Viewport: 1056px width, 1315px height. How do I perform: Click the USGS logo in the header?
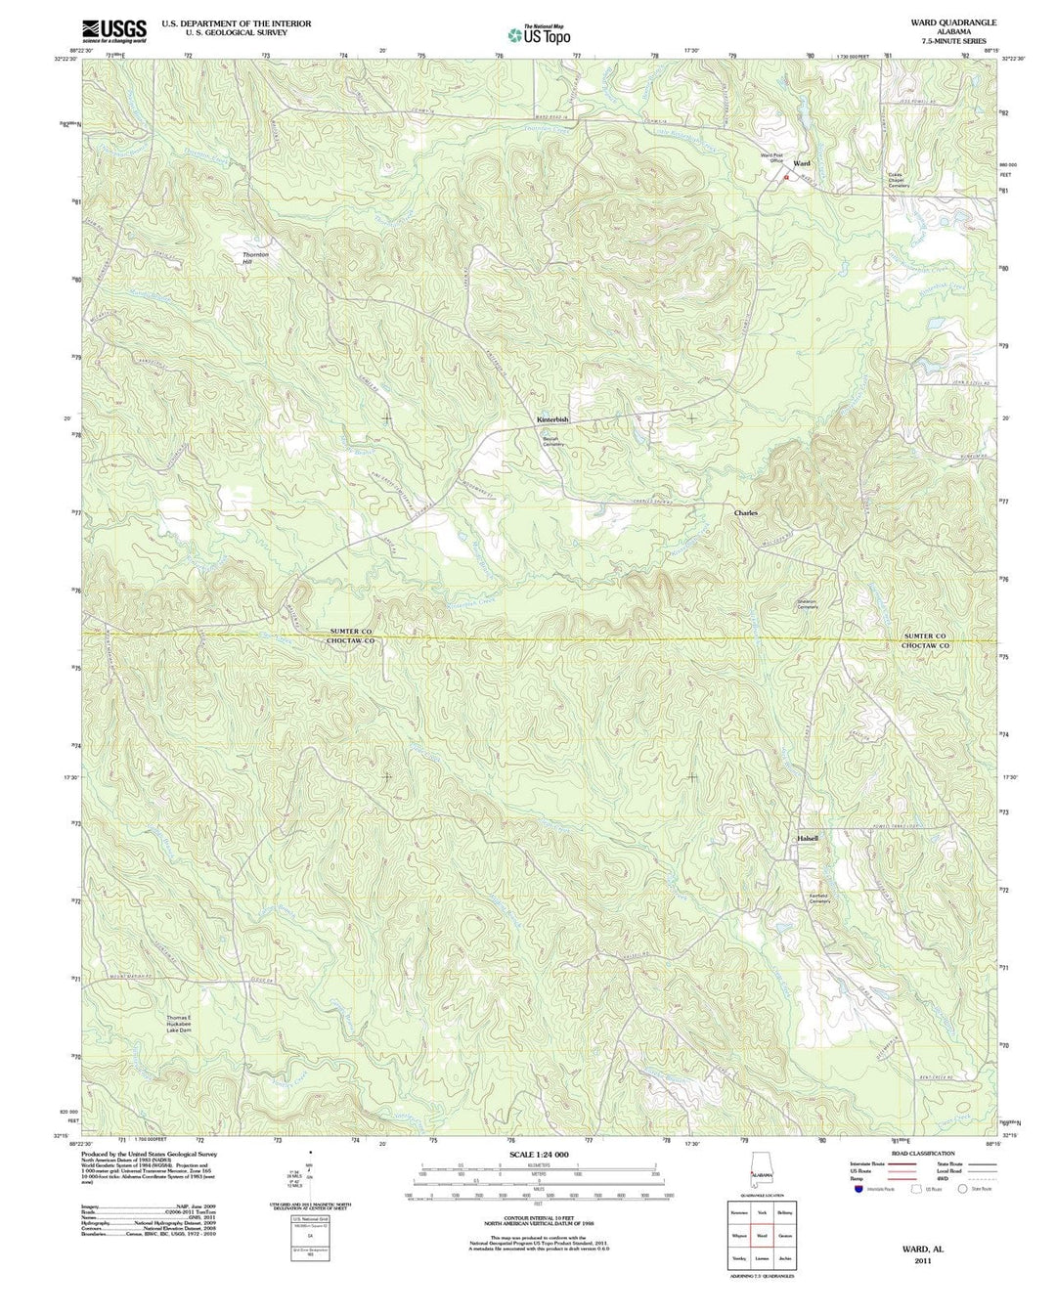click(114, 31)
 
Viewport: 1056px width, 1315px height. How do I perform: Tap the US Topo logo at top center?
click(539, 34)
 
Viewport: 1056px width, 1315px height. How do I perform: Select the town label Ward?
click(802, 163)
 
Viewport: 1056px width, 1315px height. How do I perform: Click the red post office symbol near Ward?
click(784, 178)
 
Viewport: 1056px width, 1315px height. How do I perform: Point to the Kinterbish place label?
click(552, 419)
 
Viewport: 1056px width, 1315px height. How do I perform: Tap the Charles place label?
click(746, 512)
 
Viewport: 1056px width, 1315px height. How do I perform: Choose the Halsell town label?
click(807, 838)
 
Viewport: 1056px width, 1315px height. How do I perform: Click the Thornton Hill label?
click(255, 258)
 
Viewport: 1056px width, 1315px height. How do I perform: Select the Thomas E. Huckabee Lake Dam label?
click(185, 1023)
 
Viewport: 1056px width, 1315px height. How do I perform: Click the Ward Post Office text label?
click(772, 157)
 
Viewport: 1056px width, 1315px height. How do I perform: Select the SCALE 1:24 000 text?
click(537, 1155)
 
